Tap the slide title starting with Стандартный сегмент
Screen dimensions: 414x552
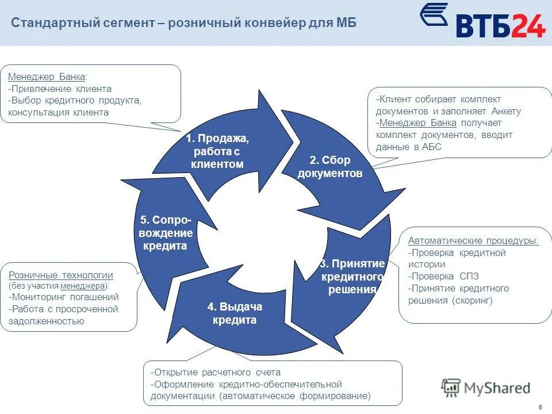click(x=184, y=23)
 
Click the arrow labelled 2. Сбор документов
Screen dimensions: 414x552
click(x=330, y=167)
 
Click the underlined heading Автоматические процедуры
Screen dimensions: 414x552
click(x=473, y=240)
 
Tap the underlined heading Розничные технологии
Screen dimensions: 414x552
click(x=61, y=275)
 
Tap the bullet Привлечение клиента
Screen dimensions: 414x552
click(x=60, y=89)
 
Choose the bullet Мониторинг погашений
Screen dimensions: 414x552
click(x=64, y=297)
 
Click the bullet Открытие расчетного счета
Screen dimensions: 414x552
click(x=216, y=372)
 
